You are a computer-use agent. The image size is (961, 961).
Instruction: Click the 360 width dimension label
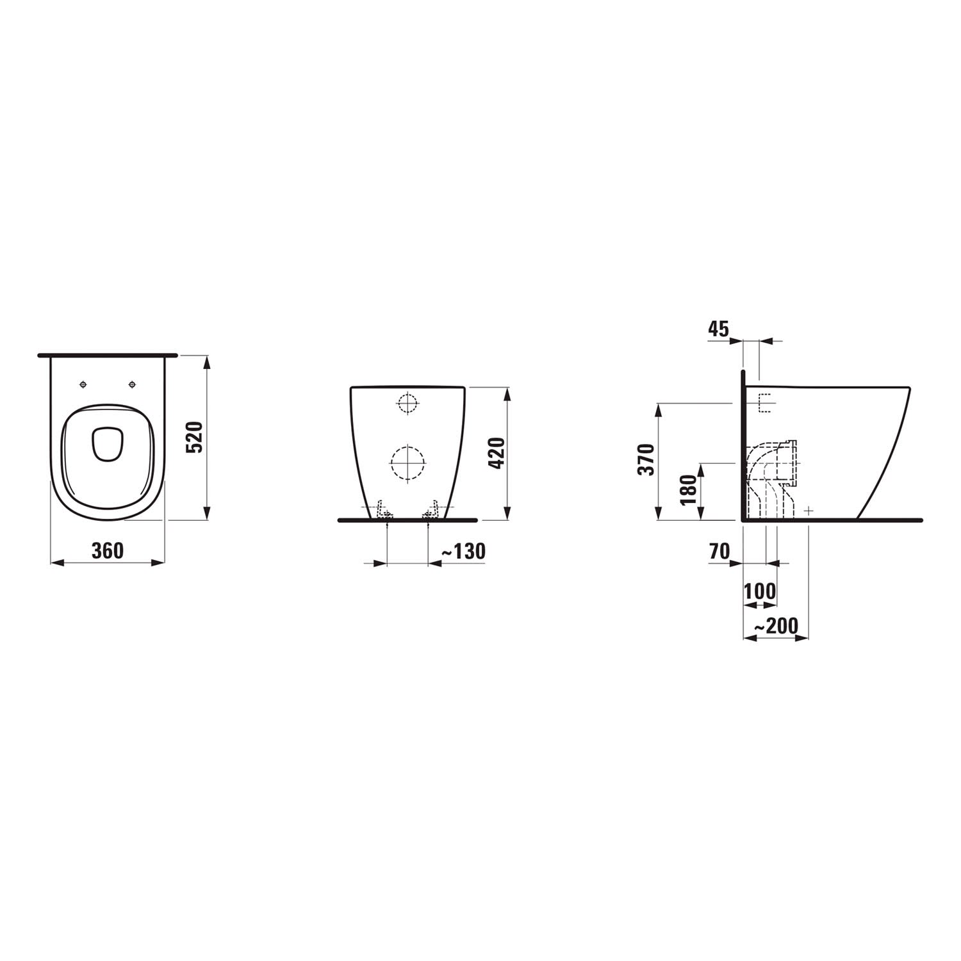tap(107, 551)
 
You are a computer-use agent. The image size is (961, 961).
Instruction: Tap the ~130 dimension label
tap(463, 551)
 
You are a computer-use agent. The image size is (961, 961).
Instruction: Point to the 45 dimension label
tap(719, 329)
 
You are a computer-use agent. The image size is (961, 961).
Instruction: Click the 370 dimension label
tap(646, 459)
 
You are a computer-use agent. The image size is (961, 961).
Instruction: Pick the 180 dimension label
tap(688, 490)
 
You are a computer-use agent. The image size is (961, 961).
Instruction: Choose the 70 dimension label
tap(720, 551)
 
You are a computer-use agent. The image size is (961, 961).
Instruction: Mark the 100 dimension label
tap(760, 591)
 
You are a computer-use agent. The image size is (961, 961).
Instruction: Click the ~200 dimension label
tap(776, 626)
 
